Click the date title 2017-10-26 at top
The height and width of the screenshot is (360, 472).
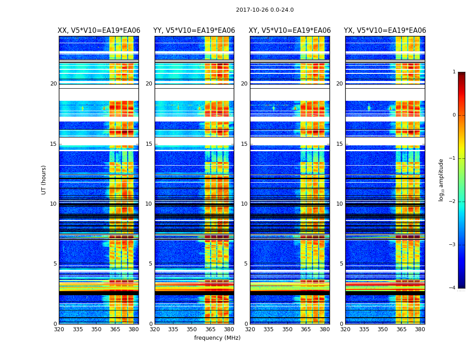pos(264,10)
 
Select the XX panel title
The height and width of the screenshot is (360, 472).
pos(99,31)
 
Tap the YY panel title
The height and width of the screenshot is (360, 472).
pos(194,31)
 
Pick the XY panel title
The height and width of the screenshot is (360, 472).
pos(290,31)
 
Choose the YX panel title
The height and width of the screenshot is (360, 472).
pos(385,31)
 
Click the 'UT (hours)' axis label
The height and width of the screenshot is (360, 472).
pos(44,180)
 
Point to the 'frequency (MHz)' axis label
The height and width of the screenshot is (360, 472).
pos(217,338)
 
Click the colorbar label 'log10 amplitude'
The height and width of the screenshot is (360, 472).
pos(441,180)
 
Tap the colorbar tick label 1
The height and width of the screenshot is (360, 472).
pos(454,72)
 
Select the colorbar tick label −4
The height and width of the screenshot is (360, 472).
pos(453,288)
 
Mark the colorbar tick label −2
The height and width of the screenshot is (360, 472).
pos(453,202)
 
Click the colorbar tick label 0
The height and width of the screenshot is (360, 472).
pos(454,115)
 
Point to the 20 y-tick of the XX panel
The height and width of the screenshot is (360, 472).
pos(53,84)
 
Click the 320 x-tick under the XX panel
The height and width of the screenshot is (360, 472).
pos(59,329)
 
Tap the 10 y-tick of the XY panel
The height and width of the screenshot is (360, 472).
pos(244,204)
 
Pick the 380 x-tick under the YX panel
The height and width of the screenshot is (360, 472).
pos(420,329)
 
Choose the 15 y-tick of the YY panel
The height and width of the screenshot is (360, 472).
pos(149,144)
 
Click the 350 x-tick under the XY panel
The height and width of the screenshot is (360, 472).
pos(287,329)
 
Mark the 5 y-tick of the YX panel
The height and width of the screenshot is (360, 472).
pos(341,264)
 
